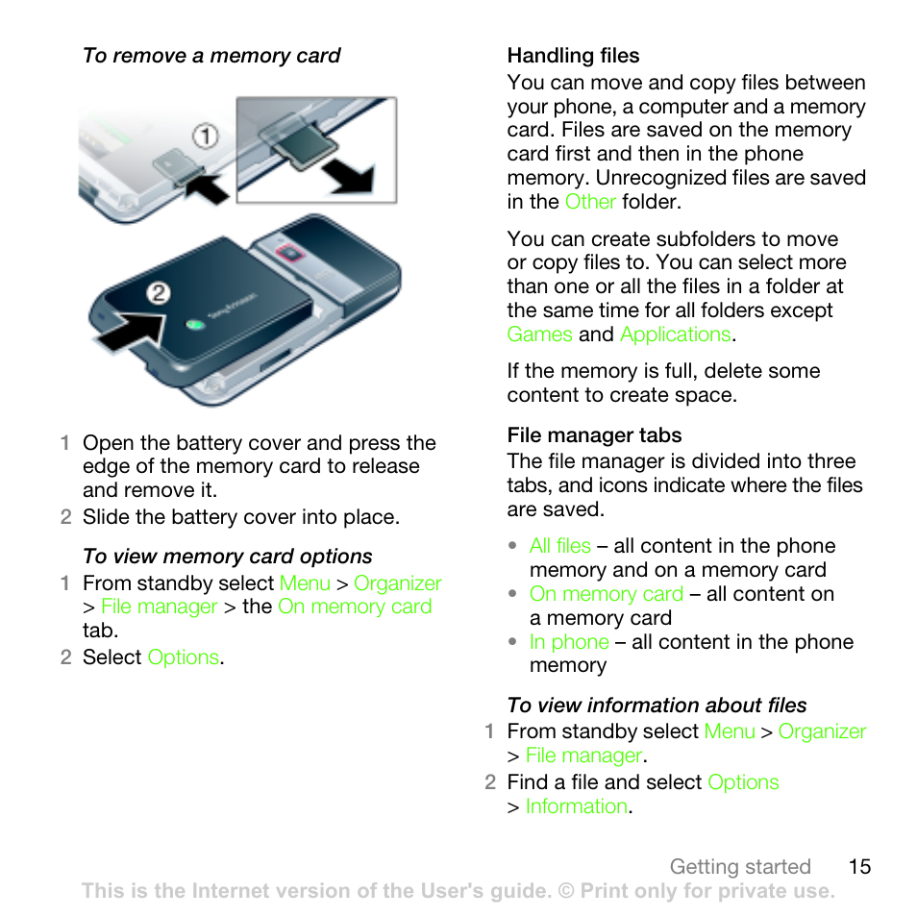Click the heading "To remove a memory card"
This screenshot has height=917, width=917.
(211, 56)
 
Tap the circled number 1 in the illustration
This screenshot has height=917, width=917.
(204, 136)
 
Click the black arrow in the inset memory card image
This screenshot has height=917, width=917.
(346, 175)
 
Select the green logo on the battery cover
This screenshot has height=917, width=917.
(196, 323)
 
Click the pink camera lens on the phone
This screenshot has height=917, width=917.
(286, 254)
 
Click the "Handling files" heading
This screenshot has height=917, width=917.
(573, 56)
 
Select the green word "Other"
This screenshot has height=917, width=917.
(589, 202)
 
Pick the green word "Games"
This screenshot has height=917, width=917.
(539, 335)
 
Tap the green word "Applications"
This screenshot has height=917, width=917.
(675, 335)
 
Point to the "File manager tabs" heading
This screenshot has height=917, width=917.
(594, 435)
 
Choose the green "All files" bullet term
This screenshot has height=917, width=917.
(559, 546)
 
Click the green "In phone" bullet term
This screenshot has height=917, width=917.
(569, 642)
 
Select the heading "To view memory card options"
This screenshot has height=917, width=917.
(228, 557)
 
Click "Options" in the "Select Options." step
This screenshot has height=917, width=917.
(183, 657)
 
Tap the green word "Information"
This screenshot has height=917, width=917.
(577, 806)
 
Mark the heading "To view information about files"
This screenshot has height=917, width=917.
(657, 706)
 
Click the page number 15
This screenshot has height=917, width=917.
(859, 867)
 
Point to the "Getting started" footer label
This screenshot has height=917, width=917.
(740, 867)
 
